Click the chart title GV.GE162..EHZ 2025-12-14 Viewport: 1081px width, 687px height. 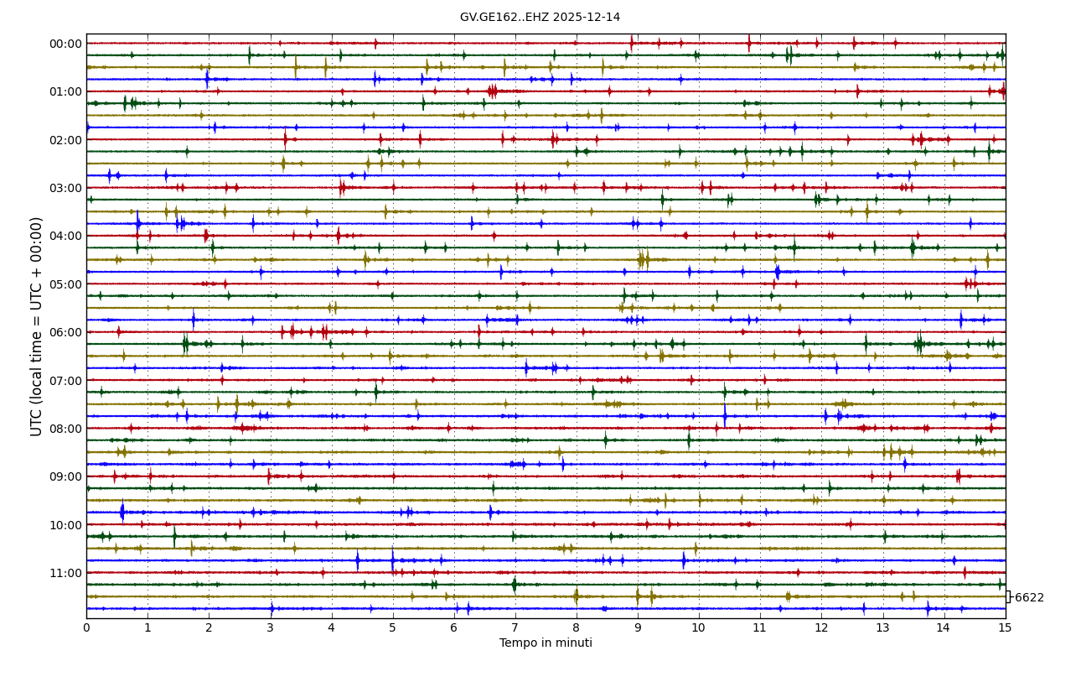click(x=540, y=18)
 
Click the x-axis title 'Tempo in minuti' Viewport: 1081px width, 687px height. click(x=546, y=643)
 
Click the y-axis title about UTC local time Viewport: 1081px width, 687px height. click(x=37, y=326)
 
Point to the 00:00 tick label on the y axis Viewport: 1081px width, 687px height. click(x=66, y=44)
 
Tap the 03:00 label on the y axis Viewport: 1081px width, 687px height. click(x=66, y=188)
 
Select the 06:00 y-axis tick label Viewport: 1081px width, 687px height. click(x=66, y=332)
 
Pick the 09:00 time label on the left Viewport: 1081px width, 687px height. click(x=66, y=476)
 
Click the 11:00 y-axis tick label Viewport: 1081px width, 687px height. click(x=66, y=573)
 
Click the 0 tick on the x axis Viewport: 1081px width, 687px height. click(x=86, y=627)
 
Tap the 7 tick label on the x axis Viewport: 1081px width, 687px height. click(x=515, y=627)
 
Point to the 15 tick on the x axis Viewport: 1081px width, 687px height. click(x=1006, y=627)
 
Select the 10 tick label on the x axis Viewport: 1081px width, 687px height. click(x=699, y=627)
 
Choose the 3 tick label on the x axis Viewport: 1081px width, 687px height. click(x=270, y=627)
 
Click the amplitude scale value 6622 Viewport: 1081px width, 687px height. click(x=1029, y=598)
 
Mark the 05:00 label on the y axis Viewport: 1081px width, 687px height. click(x=66, y=284)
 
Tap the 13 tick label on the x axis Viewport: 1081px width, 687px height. click(x=882, y=627)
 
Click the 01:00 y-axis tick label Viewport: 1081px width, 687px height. click(x=66, y=91)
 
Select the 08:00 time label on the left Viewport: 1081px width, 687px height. click(x=66, y=429)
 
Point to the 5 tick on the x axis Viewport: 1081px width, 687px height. click(x=392, y=627)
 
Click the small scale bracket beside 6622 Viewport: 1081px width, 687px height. click(x=1008, y=596)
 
